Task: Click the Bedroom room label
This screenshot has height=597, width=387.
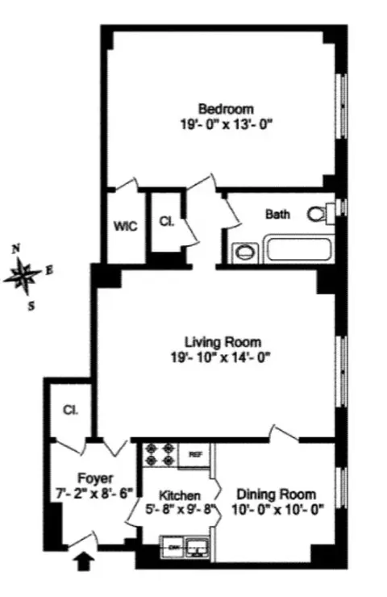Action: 227,109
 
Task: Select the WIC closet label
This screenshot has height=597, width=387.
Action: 125,227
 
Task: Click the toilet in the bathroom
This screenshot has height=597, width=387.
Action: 319,214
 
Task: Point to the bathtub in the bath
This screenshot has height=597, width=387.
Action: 299,248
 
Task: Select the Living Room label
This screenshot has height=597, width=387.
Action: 223,340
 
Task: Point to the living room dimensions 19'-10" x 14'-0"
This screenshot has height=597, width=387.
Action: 223,357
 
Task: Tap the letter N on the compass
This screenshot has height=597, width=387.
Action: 16,250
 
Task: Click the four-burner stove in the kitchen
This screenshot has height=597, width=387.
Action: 159,455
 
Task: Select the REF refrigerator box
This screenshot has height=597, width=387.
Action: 194,454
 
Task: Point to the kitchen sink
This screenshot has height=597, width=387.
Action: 197,548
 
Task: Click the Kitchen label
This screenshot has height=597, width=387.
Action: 178,495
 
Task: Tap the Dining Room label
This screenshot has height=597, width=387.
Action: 276,494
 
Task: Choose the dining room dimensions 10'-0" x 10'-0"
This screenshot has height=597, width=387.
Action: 276,510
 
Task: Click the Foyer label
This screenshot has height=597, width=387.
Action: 95,478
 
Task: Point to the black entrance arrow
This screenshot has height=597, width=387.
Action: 83,559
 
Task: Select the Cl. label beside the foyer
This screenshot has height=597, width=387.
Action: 70,410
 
